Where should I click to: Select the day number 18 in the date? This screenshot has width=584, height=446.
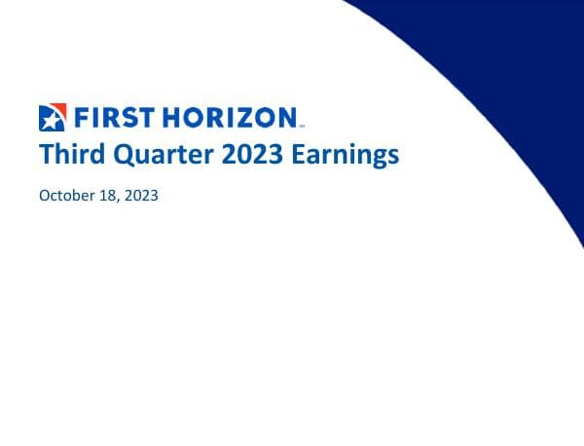108,195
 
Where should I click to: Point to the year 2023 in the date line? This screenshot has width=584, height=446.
140,195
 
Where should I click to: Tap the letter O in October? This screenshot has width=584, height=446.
45,195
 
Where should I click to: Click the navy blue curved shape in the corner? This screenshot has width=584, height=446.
506,58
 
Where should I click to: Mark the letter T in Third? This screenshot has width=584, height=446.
45,155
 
